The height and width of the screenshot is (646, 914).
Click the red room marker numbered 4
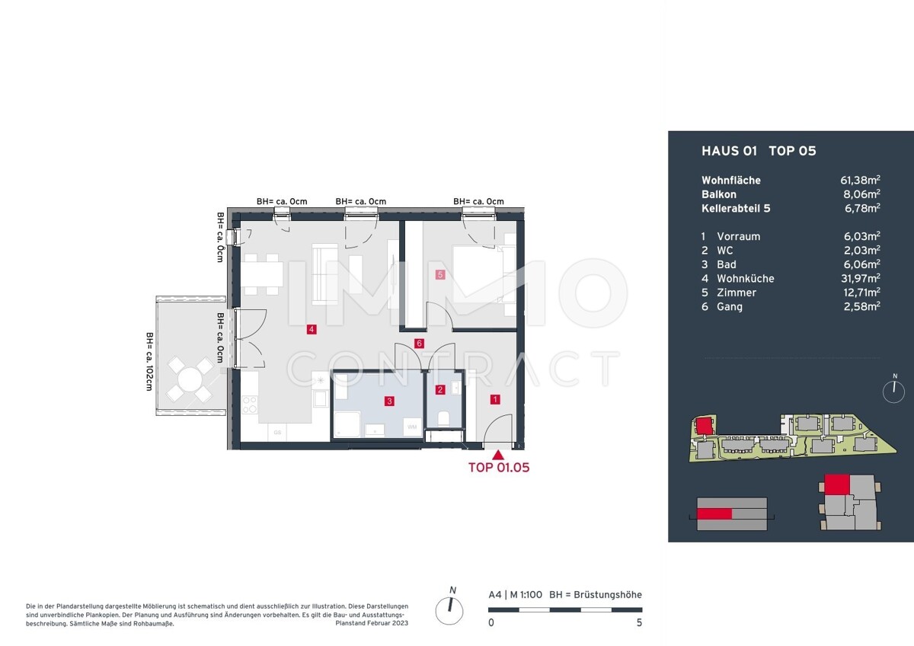(x=312, y=329)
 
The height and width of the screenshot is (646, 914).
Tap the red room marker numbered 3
(x=389, y=401)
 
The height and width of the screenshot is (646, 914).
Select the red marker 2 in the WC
(x=440, y=390)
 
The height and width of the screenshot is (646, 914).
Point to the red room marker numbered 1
(x=495, y=399)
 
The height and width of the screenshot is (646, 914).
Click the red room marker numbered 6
(x=419, y=344)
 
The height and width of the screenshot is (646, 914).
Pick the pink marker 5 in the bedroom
(x=440, y=275)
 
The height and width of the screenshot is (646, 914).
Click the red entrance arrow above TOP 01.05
(x=498, y=455)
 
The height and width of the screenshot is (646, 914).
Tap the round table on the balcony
(x=190, y=379)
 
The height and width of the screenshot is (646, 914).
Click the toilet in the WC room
(x=443, y=418)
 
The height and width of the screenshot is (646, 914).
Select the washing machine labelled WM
(x=412, y=427)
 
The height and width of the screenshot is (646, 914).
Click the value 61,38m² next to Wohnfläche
(x=860, y=180)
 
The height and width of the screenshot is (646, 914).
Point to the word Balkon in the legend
(x=719, y=194)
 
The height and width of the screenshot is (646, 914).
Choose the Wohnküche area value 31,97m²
(x=860, y=278)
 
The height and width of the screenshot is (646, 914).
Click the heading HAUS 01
(x=729, y=151)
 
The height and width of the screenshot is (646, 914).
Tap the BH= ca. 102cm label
(x=150, y=362)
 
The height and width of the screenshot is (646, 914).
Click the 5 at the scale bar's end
(x=639, y=622)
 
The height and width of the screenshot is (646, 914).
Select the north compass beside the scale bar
(x=449, y=610)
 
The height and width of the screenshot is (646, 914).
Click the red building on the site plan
(x=704, y=427)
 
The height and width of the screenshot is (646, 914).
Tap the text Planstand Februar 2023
(x=372, y=623)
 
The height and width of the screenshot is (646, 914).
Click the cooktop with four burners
(x=249, y=405)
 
